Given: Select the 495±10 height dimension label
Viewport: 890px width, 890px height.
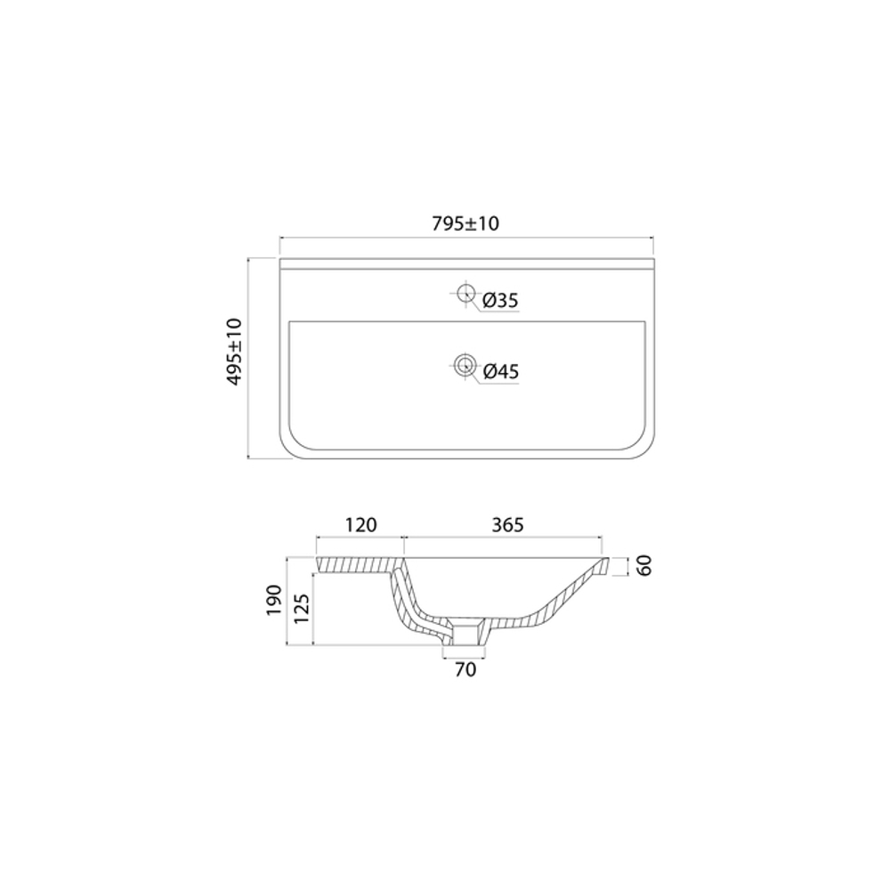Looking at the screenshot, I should [x=235, y=352].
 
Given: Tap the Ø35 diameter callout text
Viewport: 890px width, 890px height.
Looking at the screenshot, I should [x=500, y=301].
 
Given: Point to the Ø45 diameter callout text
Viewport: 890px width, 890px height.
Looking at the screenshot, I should [x=500, y=372].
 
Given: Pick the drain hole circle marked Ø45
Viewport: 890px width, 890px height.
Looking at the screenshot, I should [x=464, y=363].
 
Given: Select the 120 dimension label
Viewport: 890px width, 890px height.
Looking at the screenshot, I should [x=360, y=525].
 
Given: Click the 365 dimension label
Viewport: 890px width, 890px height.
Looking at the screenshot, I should [x=505, y=525].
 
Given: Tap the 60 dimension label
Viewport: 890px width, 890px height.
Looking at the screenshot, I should [x=645, y=565].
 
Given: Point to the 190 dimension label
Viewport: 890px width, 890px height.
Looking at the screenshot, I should [x=274, y=601].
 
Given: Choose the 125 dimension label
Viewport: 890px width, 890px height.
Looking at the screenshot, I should [x=301, y=610].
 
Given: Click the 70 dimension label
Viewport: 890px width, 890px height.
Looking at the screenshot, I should [x=465, y=669].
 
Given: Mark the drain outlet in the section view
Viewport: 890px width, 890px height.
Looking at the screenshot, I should [x=465, y=634].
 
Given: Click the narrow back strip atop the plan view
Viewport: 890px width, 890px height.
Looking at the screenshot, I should [x=467, y=264].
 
